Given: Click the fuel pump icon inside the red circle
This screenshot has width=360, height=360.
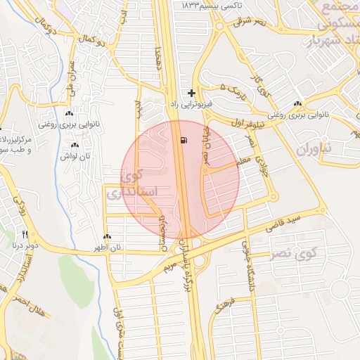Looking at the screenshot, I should coord(184,141).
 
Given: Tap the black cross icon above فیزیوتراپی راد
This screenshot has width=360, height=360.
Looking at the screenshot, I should coord(191,93).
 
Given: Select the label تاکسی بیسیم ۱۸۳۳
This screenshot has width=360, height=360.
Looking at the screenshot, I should coord(211,6).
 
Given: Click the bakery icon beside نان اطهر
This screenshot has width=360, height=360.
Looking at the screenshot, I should coord(107,238).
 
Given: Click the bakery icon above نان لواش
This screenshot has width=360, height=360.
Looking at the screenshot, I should coord(75,146).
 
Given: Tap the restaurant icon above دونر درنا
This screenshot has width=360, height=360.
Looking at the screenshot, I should coord(25,234).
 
